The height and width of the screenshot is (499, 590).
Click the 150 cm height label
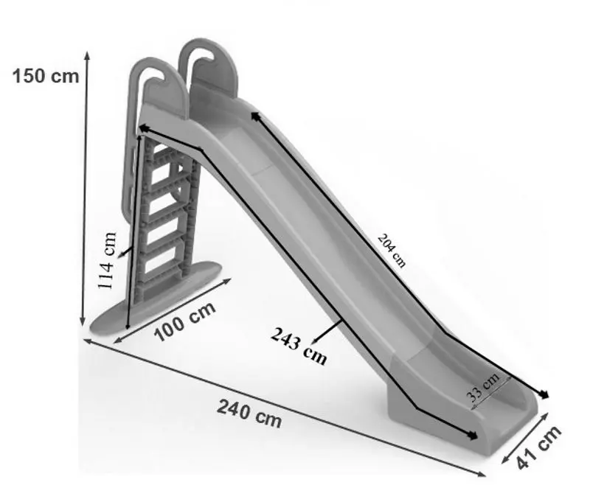coord(46,76)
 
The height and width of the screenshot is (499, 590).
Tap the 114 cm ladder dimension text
coord(107,261)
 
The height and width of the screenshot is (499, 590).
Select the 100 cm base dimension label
coord(185,321)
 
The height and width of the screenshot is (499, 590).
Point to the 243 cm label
coord(299,346)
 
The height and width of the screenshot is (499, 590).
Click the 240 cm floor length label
coord(249,413)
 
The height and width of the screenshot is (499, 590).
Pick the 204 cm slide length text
coord(392,251)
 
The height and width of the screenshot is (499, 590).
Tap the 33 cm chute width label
coord(483,387)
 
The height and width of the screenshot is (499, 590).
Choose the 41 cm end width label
coord(539,447)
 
